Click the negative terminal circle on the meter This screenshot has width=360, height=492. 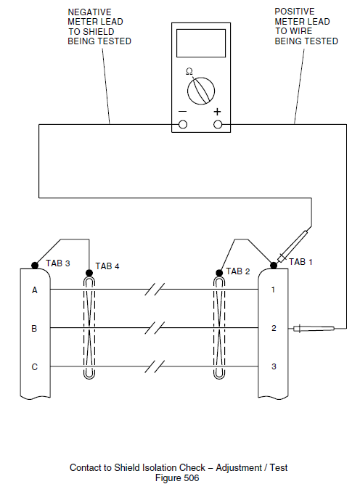point(182,125)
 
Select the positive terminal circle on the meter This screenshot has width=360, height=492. point(218,125)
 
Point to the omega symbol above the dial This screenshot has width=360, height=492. point(189,71)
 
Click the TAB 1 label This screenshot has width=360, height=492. point(300,262)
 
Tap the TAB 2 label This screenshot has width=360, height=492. point(238,271)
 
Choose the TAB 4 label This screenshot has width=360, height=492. point(107,266)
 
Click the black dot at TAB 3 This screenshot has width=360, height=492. point(34,265)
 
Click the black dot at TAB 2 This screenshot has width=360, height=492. point(220,274)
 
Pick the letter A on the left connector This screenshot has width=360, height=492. point(34,290)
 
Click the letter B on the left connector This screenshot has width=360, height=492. point(34,329)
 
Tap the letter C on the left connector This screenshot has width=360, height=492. point(34,366)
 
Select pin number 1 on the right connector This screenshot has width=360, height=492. point(273,290)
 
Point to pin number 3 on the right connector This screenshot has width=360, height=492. point(273,366)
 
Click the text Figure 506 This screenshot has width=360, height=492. point(177,478)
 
